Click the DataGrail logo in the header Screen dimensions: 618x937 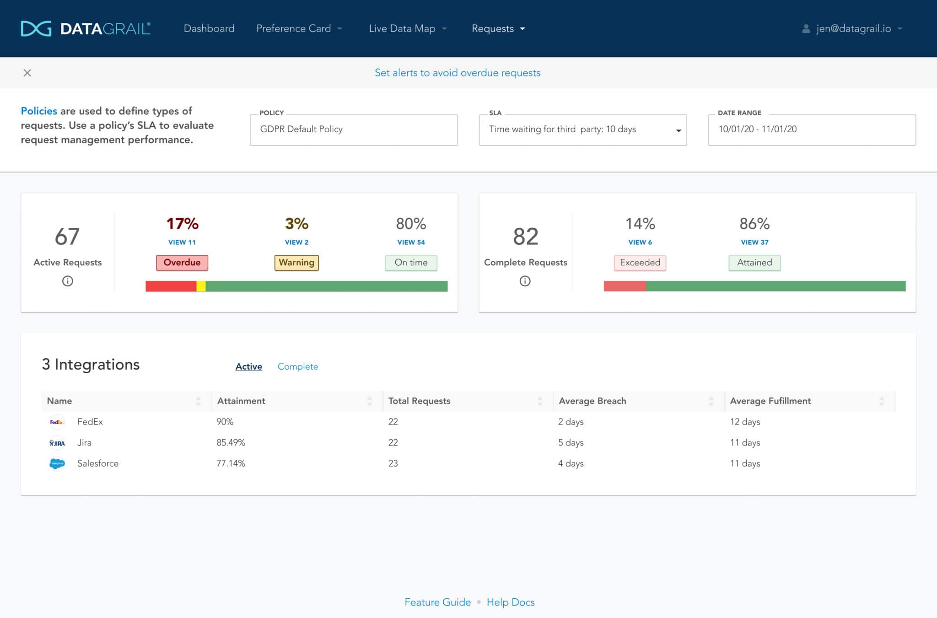pos(86,29)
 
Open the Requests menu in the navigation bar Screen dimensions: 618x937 pos(498,29)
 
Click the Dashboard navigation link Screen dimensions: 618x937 pos(209,29)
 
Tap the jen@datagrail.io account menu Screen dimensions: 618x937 pos(853,29)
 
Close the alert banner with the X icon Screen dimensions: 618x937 pos(27,73)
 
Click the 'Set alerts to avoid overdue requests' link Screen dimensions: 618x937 pos(458,73)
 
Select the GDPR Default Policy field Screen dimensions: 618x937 pos(354,129)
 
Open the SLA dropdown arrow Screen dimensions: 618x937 pos(678,130)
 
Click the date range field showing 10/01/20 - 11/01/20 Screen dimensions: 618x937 pos(811,129)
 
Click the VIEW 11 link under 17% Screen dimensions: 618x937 pos(182,242)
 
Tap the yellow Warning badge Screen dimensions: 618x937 pos(296,263)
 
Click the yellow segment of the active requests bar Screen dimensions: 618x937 pos(201,286)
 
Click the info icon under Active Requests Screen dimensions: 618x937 pos(68,281)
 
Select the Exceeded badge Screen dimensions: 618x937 pos(640,263)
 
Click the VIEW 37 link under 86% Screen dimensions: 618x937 pos(754,242)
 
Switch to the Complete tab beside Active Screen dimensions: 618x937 pos(297,366)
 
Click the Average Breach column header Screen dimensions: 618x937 pos(592,401)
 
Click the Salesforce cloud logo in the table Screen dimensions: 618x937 pos(57,463)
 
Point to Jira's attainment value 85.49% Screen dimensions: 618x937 pos(231,442)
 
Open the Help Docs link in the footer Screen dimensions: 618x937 pos(511,602)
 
